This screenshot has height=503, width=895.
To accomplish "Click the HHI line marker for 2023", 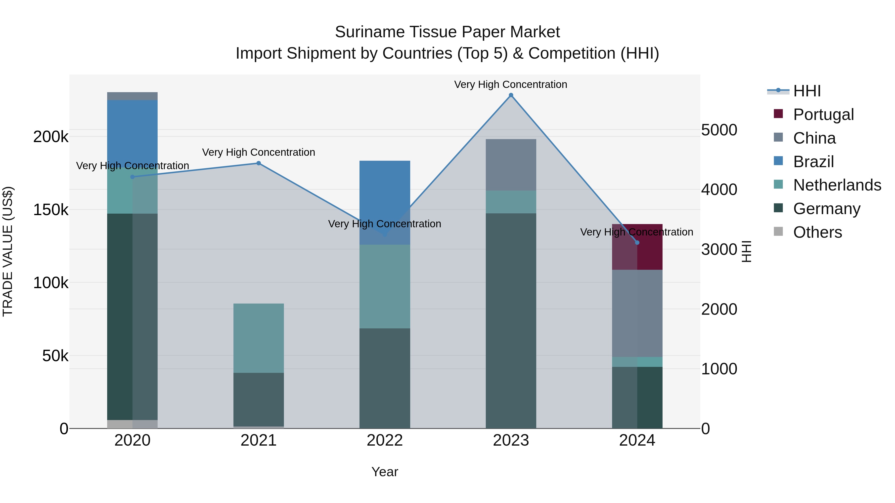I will [x=511, y=95].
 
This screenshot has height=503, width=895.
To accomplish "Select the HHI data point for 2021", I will [x=259, y=163].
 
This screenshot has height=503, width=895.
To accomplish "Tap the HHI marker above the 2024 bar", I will [x=637, y=243].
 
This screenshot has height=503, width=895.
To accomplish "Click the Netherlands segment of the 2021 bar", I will [x=259, y=338].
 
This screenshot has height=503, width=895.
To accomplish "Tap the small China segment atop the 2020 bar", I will [x=132, y=96].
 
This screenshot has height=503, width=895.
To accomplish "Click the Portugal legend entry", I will [x=823, y=115].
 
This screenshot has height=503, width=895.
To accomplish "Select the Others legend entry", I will [x=817, y=232].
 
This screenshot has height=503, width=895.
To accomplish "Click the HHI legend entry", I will [x=806, y=91].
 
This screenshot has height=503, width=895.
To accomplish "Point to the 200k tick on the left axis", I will [x=51, y=137].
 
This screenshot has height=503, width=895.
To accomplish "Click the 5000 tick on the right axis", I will [x=719, y=130].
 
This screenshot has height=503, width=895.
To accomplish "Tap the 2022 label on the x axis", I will [x=385, y=440].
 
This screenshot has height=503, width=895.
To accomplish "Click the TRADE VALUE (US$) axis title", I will [x=8, y=251].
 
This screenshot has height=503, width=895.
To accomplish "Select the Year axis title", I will [x=385, y=472].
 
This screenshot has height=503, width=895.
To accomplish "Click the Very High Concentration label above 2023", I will [x=510, y=84].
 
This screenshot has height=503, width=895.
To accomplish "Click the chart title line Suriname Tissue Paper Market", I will [x=447, y=32].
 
